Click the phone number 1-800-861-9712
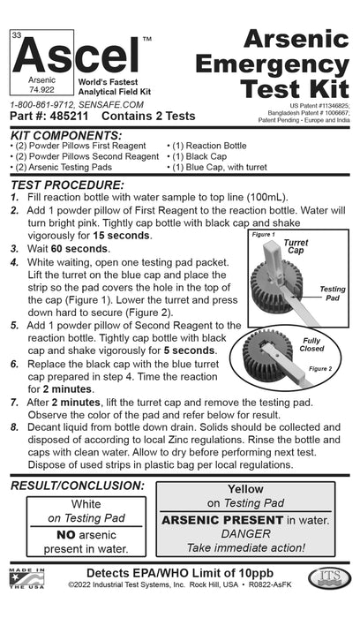[x=43, y=102]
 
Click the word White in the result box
[x=86, y=503]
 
